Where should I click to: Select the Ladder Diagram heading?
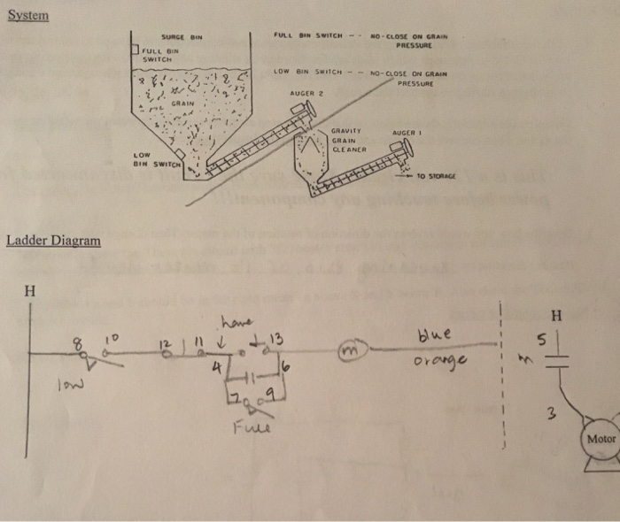[x=53, y=241]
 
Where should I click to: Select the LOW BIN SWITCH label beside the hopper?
[x=154, y=159]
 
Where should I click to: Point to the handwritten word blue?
[x=438, y=335]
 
